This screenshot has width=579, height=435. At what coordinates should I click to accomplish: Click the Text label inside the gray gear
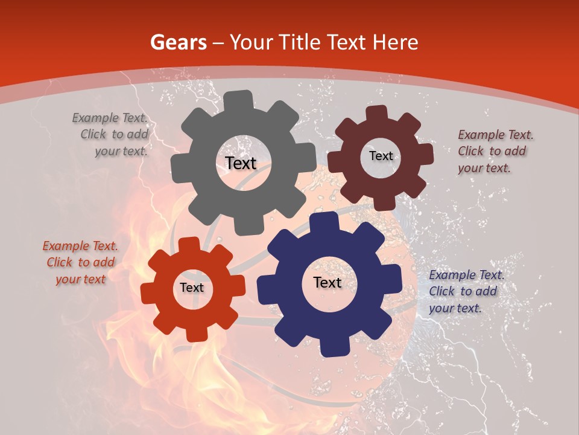pyautogui.click(x=241, y=163)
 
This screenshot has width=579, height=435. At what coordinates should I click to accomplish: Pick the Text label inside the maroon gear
pyautogui.click(x=381, y=156)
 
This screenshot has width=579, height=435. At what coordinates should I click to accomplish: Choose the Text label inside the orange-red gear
pyautogui.click(x=192, y=288)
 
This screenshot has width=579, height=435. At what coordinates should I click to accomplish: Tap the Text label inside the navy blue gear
pyautogui.click(x=327, y=282)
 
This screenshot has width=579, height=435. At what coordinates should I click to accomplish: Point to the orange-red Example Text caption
pyautogui.click(x=80, y=262)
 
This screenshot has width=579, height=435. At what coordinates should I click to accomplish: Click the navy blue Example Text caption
pyautogui.click(x=466, y=291)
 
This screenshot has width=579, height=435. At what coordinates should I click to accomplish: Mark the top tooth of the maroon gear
pyautogui.click(x=376, y=114)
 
